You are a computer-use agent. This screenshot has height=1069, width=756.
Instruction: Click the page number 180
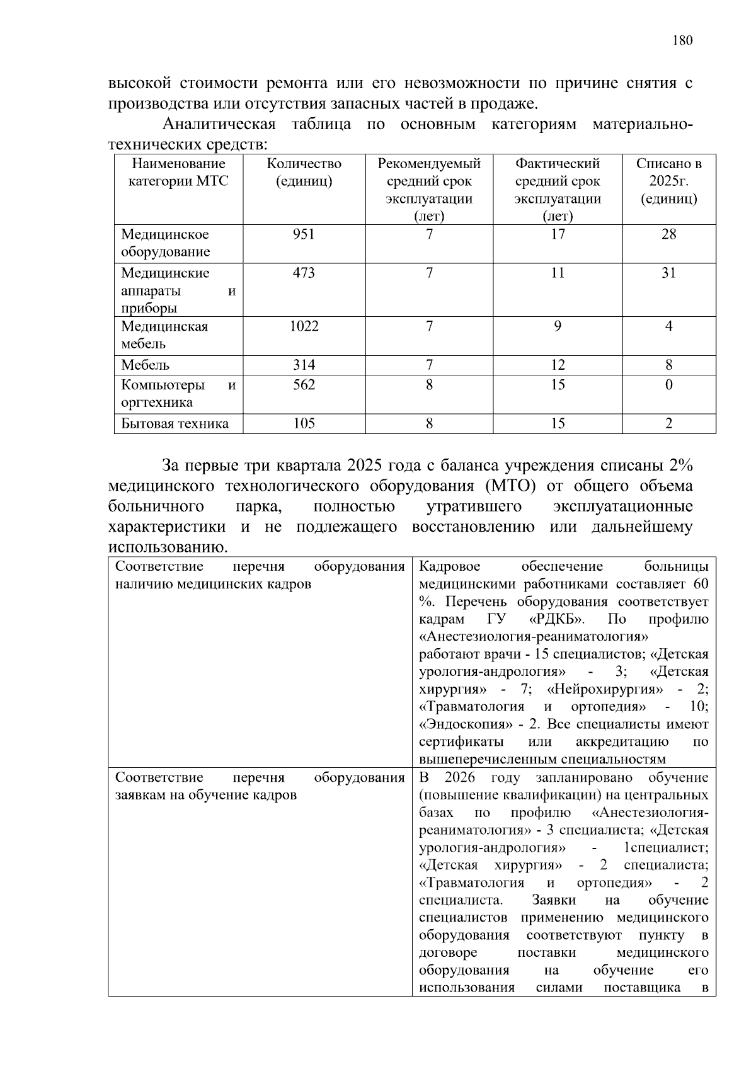click(x=682, y=41)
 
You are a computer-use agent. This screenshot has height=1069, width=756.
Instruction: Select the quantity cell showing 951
click(x=304, y=234)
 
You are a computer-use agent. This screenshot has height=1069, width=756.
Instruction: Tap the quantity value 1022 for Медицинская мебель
click(x=304, y=326)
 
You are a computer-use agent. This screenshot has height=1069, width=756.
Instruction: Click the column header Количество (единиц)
click(x=304, y=173)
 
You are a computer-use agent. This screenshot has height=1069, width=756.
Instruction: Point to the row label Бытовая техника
click(x=175, y=423)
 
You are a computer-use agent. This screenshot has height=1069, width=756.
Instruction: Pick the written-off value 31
click(x=668, y=273)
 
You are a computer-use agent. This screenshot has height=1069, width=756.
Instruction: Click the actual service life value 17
click(x=558, y=234)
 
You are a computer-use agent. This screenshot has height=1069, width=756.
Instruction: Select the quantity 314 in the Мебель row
click(x=304, y=365)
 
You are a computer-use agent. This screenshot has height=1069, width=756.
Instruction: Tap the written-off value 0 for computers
click(x=668, y=384)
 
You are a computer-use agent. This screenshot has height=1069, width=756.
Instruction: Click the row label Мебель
click(x=145, y=365)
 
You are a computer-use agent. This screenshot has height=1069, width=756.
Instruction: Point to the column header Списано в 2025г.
click(x=668, y=181)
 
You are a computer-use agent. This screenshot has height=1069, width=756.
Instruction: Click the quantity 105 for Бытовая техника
click(x=304, y=423)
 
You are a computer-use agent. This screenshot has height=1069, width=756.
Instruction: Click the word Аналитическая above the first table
click(x=219, y=124)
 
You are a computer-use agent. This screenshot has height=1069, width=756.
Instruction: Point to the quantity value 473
click(x=304, y=273)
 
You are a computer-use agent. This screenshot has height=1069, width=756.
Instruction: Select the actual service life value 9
click(x=558, y=326)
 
